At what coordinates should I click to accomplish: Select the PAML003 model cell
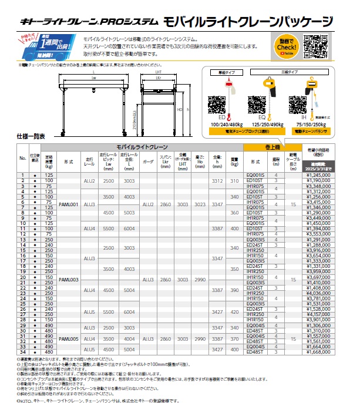tap(70, 280)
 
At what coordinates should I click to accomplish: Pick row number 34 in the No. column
tap(23, 352)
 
